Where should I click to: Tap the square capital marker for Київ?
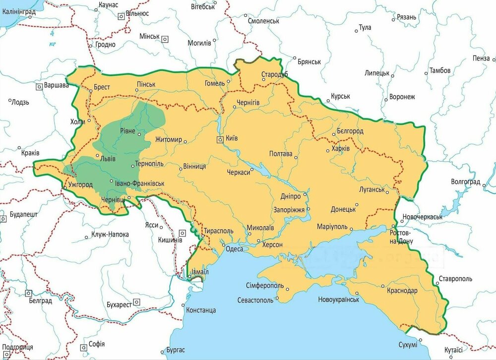pyautogui.click(x=219, y=140)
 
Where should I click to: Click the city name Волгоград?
pyautogui.click(x=465, y=181)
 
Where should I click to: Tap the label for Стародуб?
pyautogui.click(x=275, y=75)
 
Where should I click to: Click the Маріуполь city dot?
pyautogui.click(x=351, y=229)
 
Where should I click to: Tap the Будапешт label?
pyautogui.click(x=24, y=217)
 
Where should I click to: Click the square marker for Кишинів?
pyautogui.click(x=183, y=232)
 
